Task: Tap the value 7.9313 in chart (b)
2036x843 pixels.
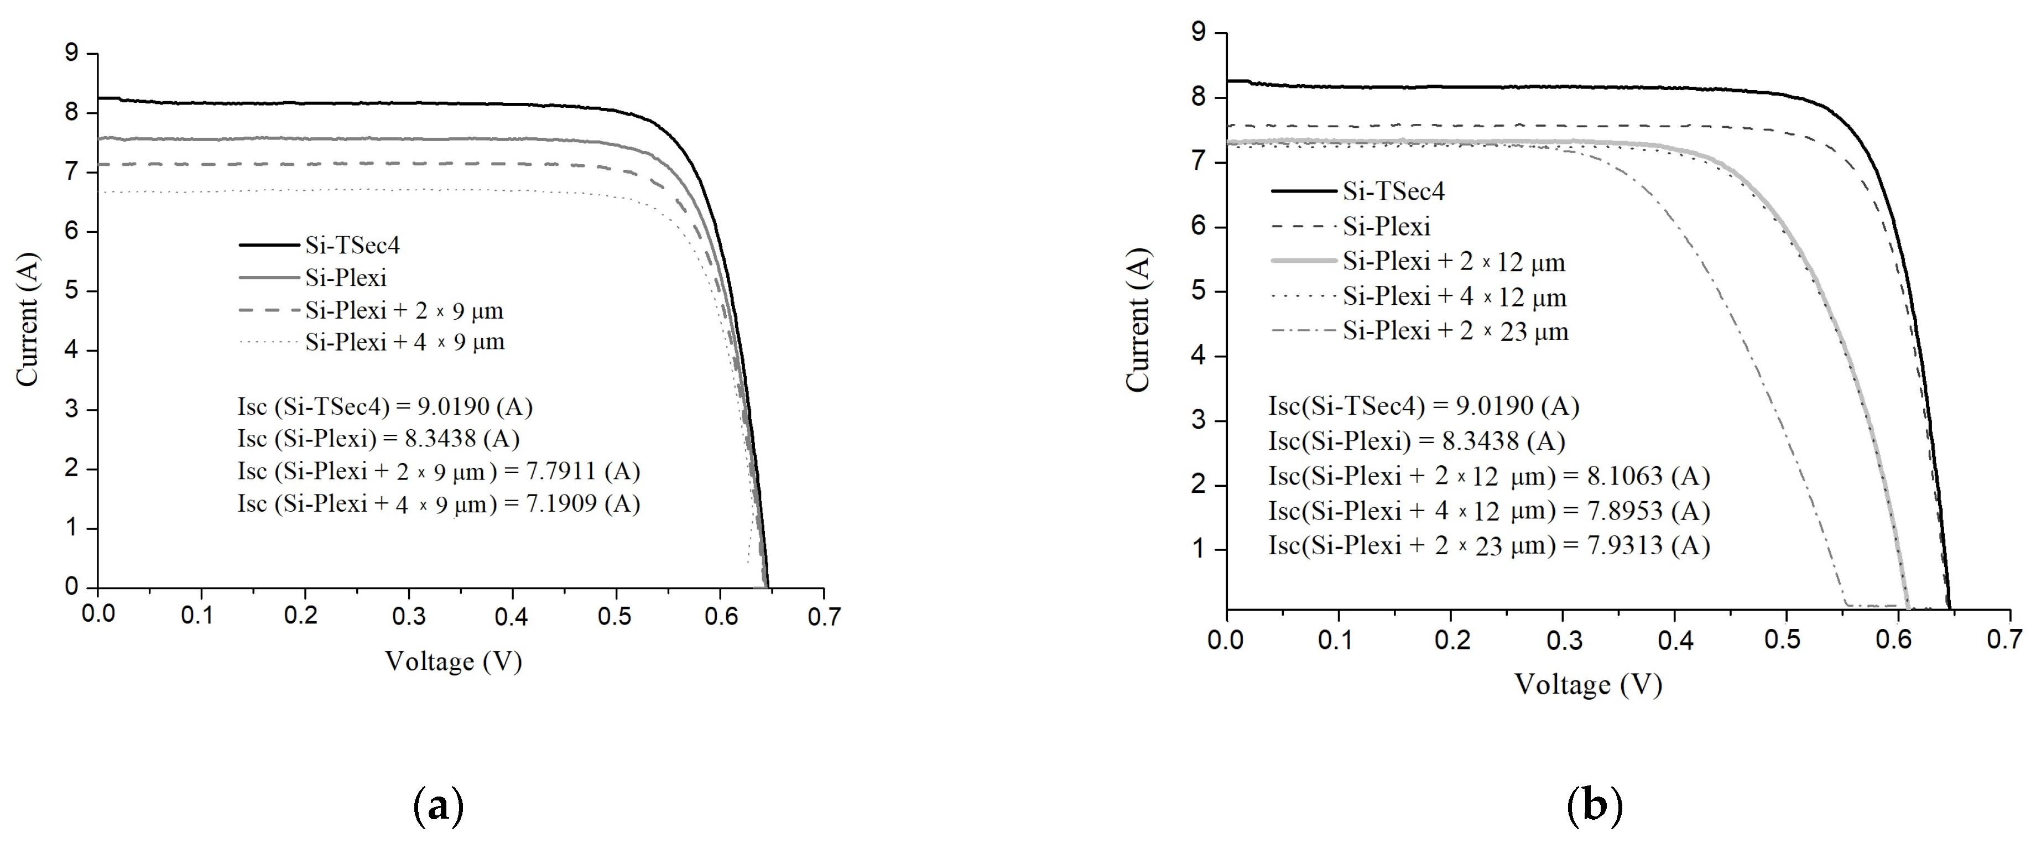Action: click(x=1625, y=545)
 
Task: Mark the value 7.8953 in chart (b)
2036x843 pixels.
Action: click(x=1625, y=511)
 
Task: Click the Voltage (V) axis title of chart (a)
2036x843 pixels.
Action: click(x=454, y=660)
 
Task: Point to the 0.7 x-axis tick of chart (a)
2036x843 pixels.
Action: click(x=824, y=616)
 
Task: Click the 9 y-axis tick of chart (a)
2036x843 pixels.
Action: click(x=72, y=53)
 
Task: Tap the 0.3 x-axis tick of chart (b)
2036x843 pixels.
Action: click(x=1563, y=639)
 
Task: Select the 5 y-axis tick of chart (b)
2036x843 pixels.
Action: click(x=1199, y=291)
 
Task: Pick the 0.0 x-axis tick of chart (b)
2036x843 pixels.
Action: click(x=1226, y=639)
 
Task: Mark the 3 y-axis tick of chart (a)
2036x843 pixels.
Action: click(x=72, y=409)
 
